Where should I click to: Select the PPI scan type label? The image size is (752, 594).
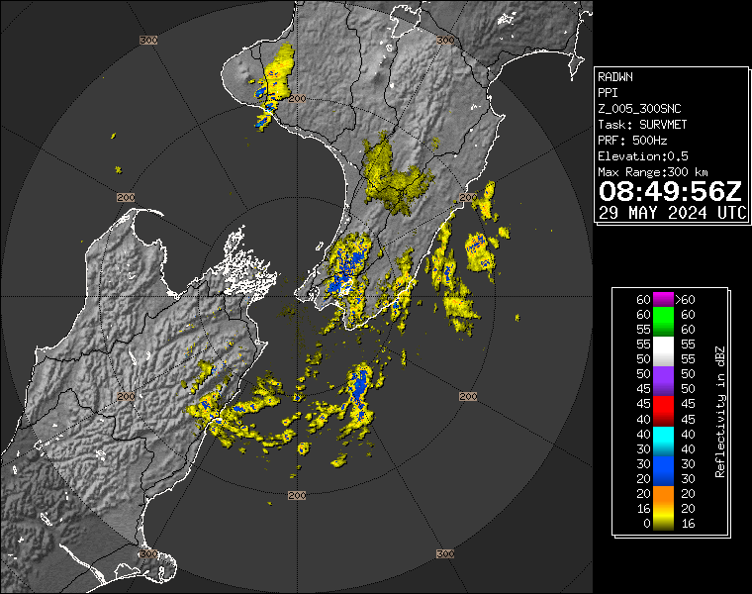click(607, 93)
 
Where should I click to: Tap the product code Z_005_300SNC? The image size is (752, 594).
click(638, 109)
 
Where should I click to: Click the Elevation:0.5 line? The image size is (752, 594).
click(643, 156)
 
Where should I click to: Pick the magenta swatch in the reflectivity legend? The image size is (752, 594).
click(661, 299)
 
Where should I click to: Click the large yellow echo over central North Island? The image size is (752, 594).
click(396, 173)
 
